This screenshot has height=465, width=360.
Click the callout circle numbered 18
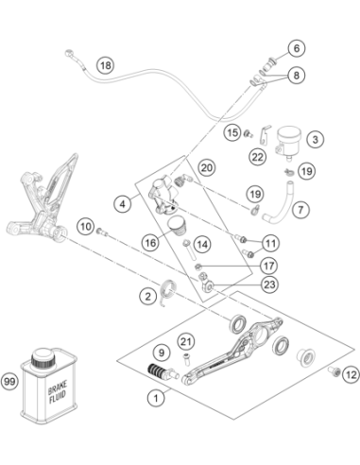[106, 65]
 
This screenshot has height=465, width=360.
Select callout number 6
[297, 48]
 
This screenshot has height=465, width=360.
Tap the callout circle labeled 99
[9, 382]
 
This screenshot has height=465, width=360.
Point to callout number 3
[316, 139]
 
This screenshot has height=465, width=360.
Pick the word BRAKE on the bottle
[57, 387]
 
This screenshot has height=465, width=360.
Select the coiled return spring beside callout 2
[167, 291]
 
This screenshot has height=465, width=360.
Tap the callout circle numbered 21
[186, 341]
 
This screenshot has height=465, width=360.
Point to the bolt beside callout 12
[334, 371]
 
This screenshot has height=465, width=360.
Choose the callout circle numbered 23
[269, 284]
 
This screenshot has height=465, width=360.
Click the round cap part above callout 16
[177, 225]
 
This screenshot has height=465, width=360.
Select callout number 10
[86, 227]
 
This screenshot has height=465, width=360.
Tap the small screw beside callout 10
[102, 232]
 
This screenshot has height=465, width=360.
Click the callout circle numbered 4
[123, 204]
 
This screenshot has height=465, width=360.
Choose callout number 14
[202, 244]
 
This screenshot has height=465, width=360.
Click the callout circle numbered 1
[156, 398]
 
